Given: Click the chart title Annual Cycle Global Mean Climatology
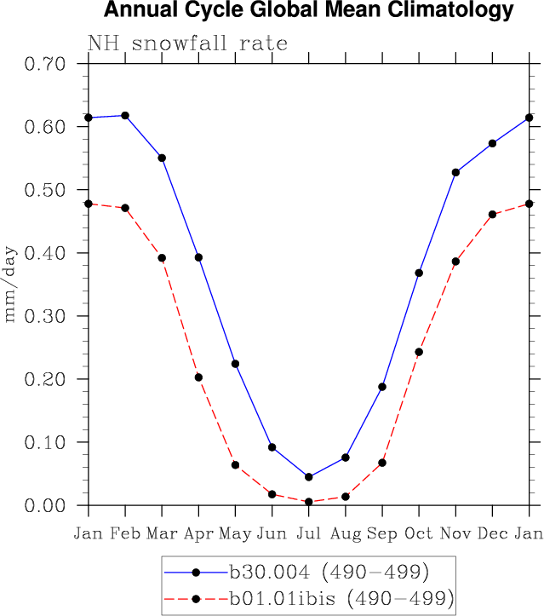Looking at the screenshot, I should (x=309, y=11).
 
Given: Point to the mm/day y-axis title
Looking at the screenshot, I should (x=12, y=285).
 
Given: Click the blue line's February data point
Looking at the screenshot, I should (x=125, y=115).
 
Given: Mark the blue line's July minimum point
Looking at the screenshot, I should (x=308, y=477).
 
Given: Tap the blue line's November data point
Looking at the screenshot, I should (x=455, y=172).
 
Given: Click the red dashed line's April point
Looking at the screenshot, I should (x=198, y=377).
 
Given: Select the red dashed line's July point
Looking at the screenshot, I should (x=308, y=502).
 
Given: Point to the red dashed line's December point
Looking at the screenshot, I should (x=492, y=214).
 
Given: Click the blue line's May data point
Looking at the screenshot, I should (x=235, y=364).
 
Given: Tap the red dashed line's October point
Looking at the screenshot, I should (x=419, y=352).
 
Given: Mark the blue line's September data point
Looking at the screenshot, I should (x=382, y=387).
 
